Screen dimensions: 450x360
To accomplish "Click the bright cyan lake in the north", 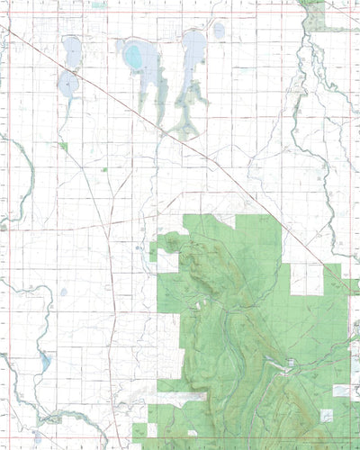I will pos(134,58).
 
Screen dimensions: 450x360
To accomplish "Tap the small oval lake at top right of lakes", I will pos(219,31).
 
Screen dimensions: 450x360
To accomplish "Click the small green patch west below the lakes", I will pos(63,145).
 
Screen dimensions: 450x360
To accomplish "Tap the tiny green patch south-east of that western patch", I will pos(104,169).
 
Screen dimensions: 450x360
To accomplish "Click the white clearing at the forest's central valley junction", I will pos(290,364).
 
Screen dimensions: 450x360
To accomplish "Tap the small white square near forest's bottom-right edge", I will pos(326,414).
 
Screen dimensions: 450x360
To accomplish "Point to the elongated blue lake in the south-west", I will pos(43,364).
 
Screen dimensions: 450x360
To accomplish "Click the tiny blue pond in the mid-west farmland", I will pos(63,292).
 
